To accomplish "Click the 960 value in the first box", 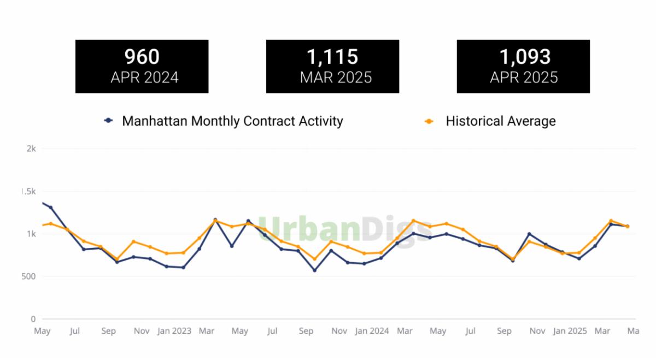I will pyautogui.click(x=142, y=57).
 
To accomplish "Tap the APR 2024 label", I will pyautogui.click(x=144, y=78).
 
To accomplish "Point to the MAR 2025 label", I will pyautogui.click(x=336, y=78).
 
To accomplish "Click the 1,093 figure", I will pyautogui.click(x=525, y=57).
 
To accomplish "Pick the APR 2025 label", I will pyautogui.click(x=524, y=78).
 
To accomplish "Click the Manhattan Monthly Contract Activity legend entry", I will pyautogui.click(x=232, y=121).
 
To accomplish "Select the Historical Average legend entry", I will pyautogui.click(x=500, y=121).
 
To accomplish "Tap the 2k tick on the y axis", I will pyautogui.click(x=31, y=149).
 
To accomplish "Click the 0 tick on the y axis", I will pyautogui.click(x=33, y=319).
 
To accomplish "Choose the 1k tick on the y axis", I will pyautogui.click(x=31, y=234).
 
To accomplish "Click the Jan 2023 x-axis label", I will pyautogui.click(x=174, y=331).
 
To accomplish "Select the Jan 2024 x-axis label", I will pyautogui.click(x=372, y=331).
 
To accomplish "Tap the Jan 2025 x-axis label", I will pyautogui.click(x=570, y=331).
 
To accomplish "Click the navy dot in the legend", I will pyautogui.click(x=109, y=121).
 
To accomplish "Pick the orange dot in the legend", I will pyautogui.click(x=429, y=121).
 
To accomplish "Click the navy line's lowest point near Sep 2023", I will pyautogui.click(x=314, y=270).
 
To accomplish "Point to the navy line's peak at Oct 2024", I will pyautogui.click(x=529, y=234).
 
